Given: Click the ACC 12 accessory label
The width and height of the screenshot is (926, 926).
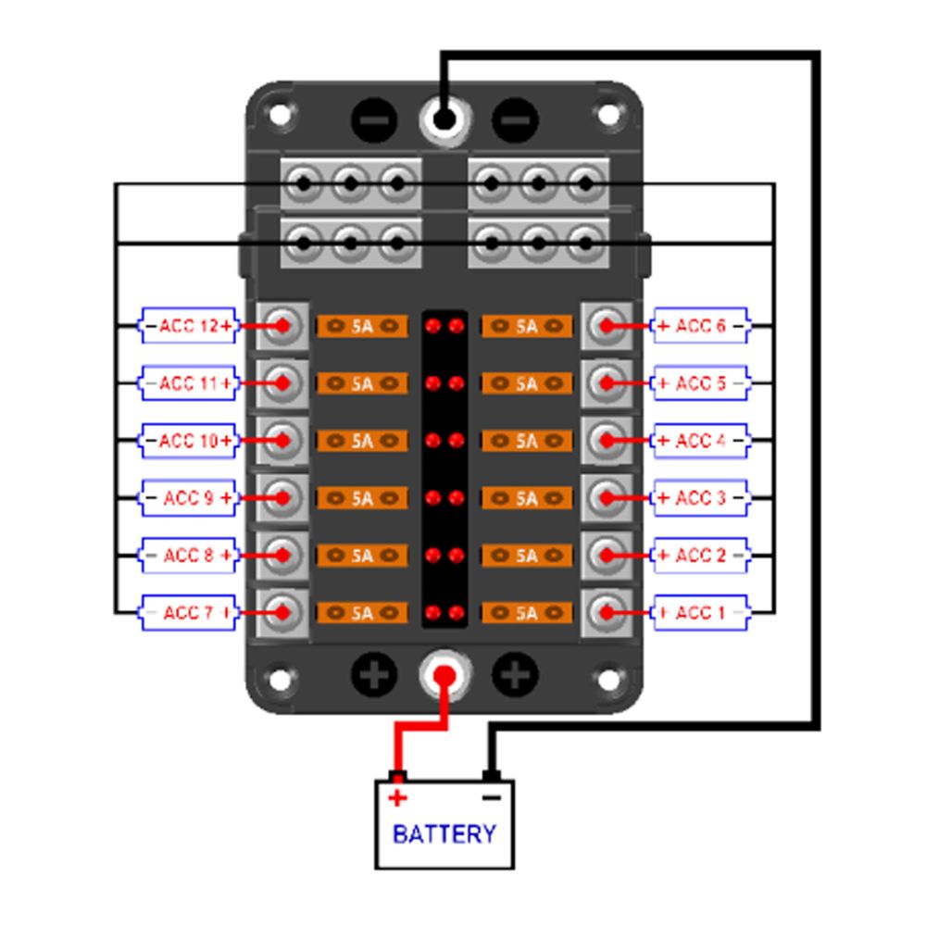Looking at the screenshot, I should click(x=189, y=326).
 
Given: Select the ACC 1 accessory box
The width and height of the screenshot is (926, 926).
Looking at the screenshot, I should click(x=700, y=613).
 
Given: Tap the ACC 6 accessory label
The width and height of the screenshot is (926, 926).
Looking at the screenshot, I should click(x=700, y=326).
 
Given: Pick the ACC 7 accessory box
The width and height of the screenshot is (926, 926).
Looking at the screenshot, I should click(x=189, y=613).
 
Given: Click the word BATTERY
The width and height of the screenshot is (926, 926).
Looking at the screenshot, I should click(x=444, y=834).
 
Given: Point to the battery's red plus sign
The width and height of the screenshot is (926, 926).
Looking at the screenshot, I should click(x=397, y=798).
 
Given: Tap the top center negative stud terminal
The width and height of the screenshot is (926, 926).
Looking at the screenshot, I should click(x=444, y=119).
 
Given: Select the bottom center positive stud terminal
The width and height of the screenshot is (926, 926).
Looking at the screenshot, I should click(x=444, y=676).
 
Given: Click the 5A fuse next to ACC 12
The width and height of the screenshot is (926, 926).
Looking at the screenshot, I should click(x=362, y=326).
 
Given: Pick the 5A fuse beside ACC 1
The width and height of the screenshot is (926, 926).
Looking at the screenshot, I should click(x=527, y=613).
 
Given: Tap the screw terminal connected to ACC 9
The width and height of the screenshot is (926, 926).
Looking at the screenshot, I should click(x=282, y=498).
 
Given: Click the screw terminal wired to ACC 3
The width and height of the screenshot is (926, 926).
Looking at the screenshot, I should click(x=607, y=498).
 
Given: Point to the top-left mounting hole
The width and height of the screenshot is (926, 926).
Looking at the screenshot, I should click(x=279, y=116).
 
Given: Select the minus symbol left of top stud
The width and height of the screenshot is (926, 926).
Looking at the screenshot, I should click(x=374, y=120).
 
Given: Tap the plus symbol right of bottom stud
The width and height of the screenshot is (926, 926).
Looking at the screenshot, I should click(x=515, y=676).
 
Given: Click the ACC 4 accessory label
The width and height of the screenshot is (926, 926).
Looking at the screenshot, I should click(x=700, y=441).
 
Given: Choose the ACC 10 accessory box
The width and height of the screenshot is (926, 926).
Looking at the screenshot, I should click(x=189, y=441).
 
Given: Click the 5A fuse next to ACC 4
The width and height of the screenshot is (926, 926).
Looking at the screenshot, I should click(x=527, y=441).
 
